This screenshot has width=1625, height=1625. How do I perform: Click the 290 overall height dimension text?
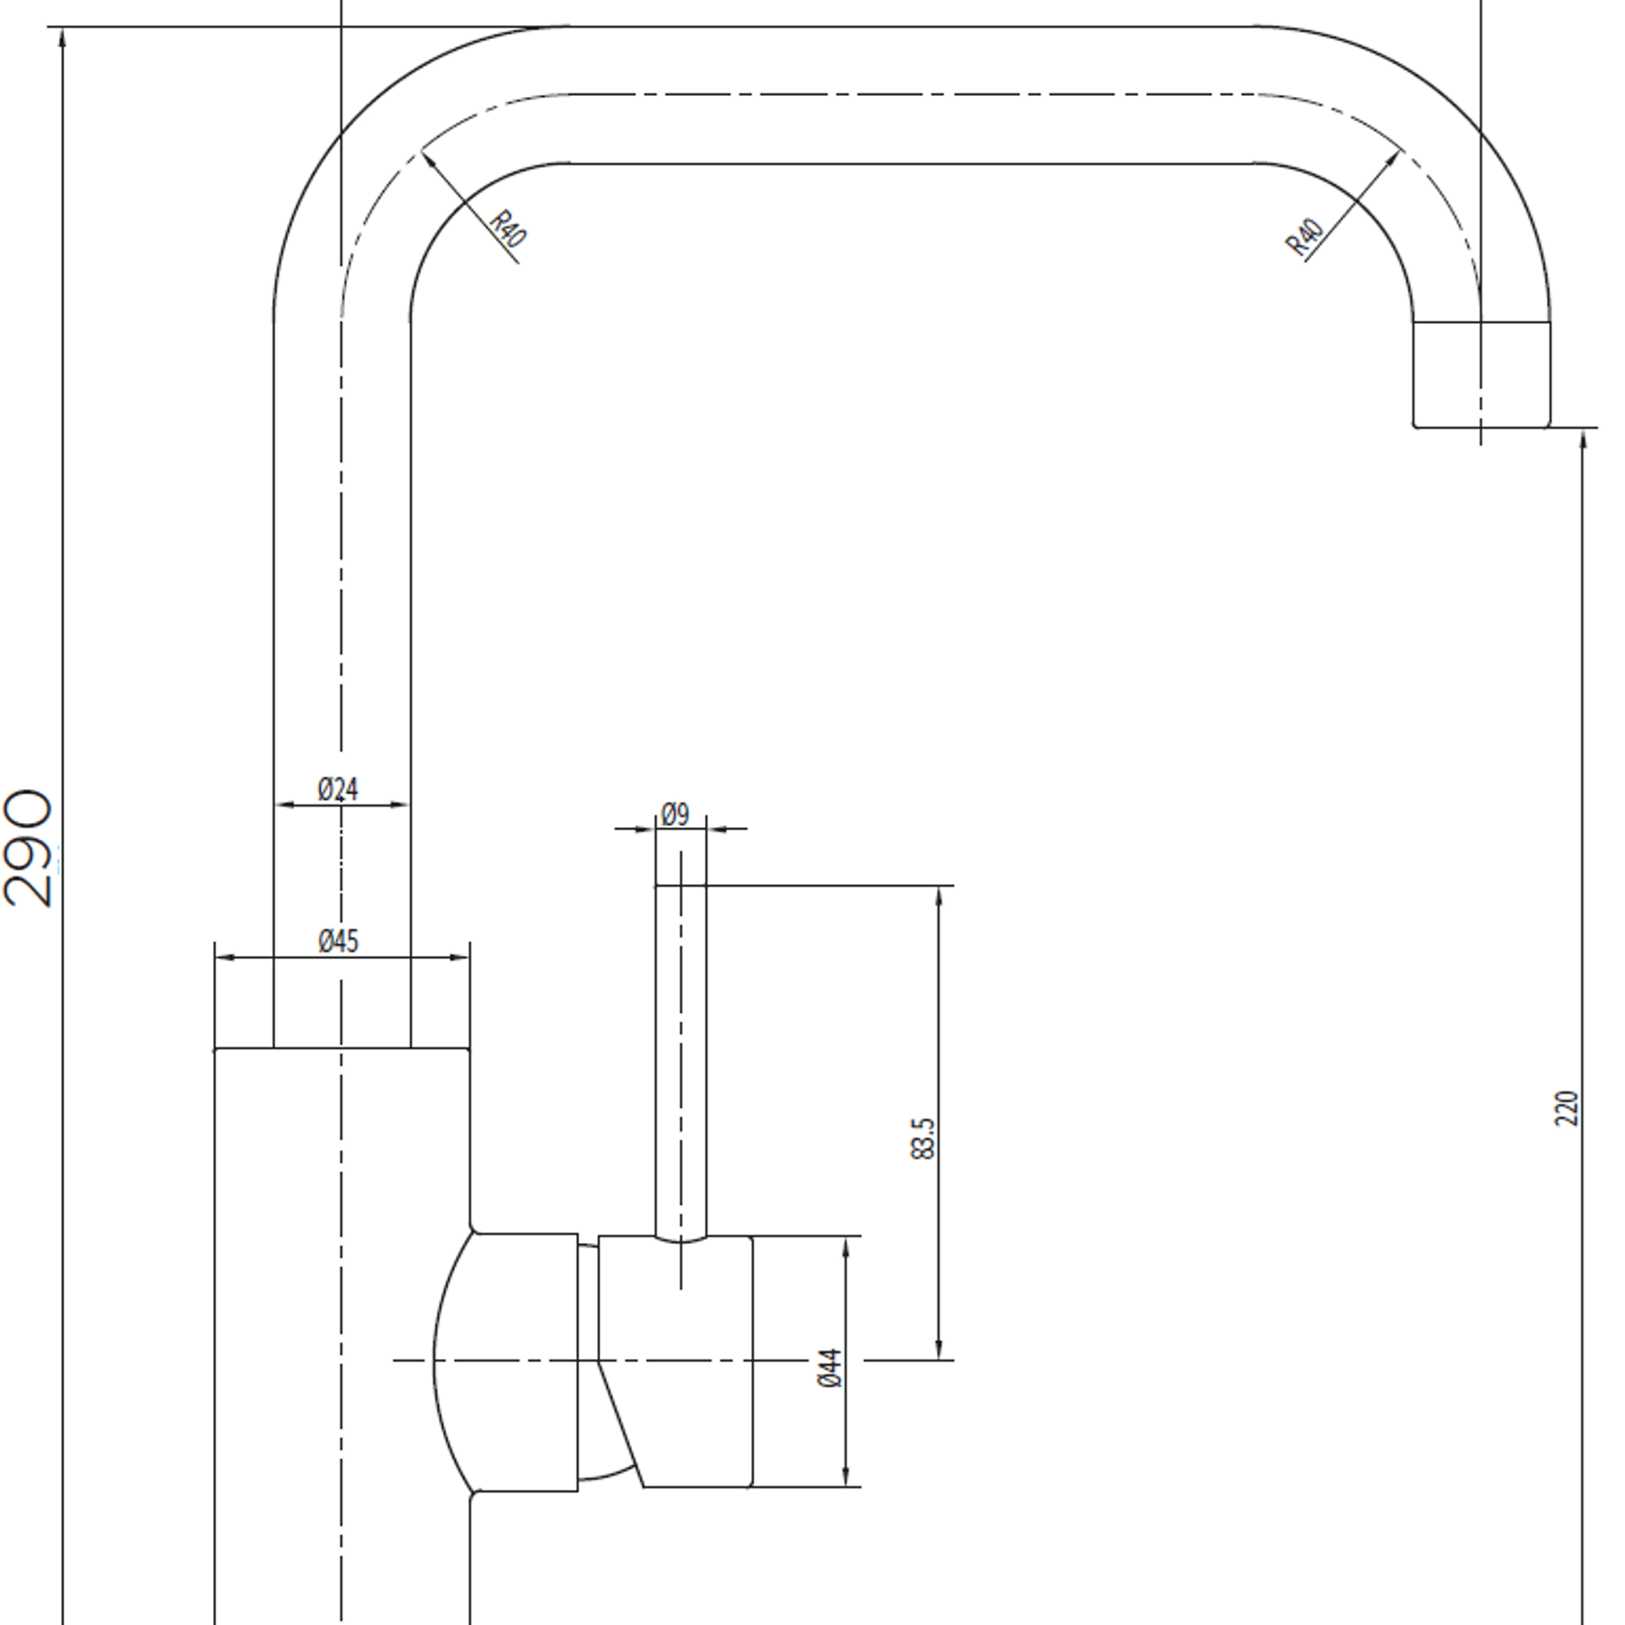(x=27, y=848)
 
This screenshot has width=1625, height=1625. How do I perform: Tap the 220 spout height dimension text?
(x=1567, y=1108)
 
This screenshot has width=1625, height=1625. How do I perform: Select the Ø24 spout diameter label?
(x=338, y=789)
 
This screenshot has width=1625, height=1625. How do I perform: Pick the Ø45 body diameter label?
(x=338, y=940)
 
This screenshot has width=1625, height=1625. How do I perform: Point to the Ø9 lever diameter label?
(x=676, y=814)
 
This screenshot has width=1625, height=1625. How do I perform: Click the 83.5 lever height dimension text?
(x=924, y=1138)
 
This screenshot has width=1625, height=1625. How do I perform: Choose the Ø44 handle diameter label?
(x=830, y=1368)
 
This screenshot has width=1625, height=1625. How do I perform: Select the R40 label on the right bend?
(x=1304, y=239)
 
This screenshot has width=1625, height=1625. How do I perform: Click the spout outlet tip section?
(x=1481, y=373)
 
